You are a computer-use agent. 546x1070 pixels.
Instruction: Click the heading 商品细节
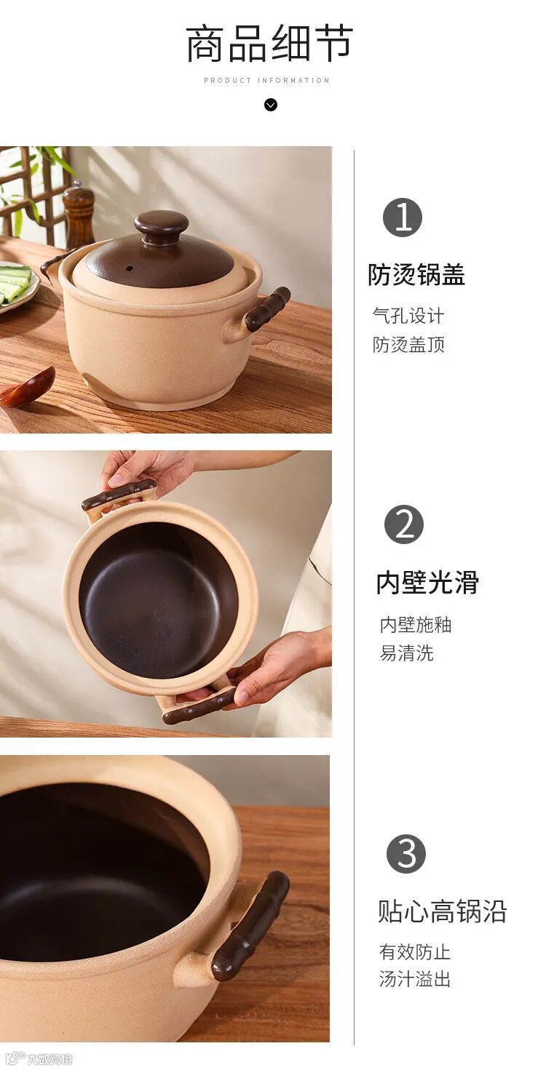coord(269,44)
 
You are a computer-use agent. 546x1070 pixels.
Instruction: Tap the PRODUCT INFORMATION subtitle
coord(266,81)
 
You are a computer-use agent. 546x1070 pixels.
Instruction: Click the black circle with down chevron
coord(271,105)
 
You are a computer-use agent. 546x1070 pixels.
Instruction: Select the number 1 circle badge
coord(403,217)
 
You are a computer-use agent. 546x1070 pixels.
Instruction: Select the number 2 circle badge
coord(404,524)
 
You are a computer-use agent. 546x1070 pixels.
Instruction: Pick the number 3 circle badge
coord(406,854)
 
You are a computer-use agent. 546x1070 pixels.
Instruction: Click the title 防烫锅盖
coord(416,275)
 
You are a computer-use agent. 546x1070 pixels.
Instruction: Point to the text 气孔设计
coord(408,316)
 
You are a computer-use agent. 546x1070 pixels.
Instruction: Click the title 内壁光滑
coord(427,583)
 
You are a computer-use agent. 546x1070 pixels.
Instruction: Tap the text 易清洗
coord(406,652)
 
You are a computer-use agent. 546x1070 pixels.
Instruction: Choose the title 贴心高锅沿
coord(442,911)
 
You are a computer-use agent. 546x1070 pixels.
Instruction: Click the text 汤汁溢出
coord(414,979)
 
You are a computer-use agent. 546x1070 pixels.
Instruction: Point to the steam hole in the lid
coord(130,268)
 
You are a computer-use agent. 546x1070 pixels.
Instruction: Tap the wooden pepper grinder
coord(79,215)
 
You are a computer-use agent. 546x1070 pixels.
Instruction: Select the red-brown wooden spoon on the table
coord(26,387)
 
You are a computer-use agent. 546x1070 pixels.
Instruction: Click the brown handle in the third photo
coord(250,926)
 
